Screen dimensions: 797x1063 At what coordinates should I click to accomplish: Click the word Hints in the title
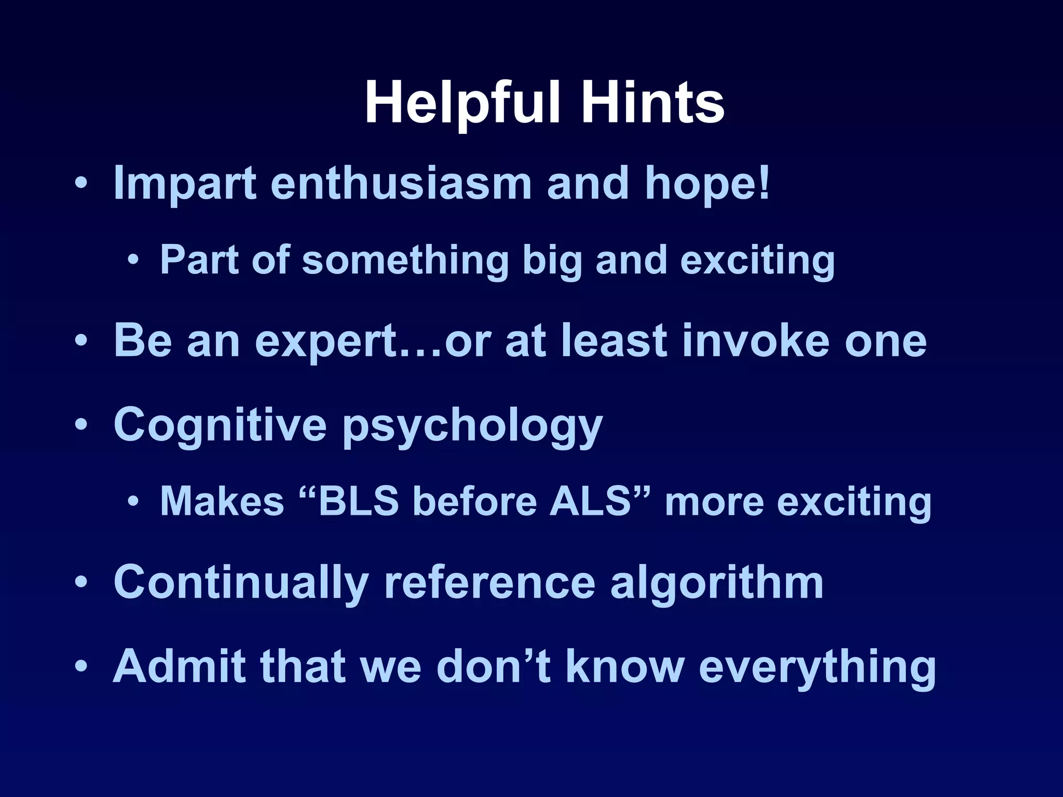(652, 103)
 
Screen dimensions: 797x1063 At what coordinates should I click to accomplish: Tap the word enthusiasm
(401, 183)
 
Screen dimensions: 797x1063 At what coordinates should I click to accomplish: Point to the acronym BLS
(358, 501)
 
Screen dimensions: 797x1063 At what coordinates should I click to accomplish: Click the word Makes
(222, 501)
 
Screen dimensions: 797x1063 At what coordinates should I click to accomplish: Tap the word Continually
(241, 583)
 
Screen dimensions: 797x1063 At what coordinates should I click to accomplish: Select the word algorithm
(717, 583)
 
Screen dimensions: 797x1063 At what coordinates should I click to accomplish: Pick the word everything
(818, 667)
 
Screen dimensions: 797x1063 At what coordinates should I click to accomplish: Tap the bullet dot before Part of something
(133, 259)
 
